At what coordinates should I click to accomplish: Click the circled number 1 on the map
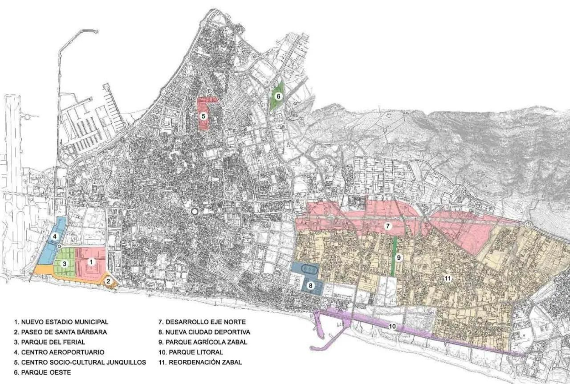(91, 262)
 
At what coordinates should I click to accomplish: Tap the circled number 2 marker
(109, 281)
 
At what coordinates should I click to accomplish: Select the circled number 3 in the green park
(64, 264)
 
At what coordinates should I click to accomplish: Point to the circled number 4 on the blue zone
(55, 236)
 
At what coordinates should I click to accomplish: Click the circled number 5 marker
(203, 116)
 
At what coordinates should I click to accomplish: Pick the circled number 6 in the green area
(279, 96)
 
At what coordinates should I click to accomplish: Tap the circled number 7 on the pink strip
(388, 226)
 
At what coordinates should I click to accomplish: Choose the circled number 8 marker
(311, 285)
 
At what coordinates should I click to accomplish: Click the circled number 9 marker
(399, 258)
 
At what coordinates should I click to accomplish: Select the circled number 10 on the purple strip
(392, 326)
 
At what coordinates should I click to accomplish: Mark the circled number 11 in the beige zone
(448, 279)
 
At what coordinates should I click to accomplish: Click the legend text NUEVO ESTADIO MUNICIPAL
(61, 322)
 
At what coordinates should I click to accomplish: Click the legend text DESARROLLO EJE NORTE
(202, 322)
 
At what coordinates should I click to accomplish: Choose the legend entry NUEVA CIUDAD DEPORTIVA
(204, 332)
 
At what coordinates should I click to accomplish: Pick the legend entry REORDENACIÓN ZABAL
(200, 362)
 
